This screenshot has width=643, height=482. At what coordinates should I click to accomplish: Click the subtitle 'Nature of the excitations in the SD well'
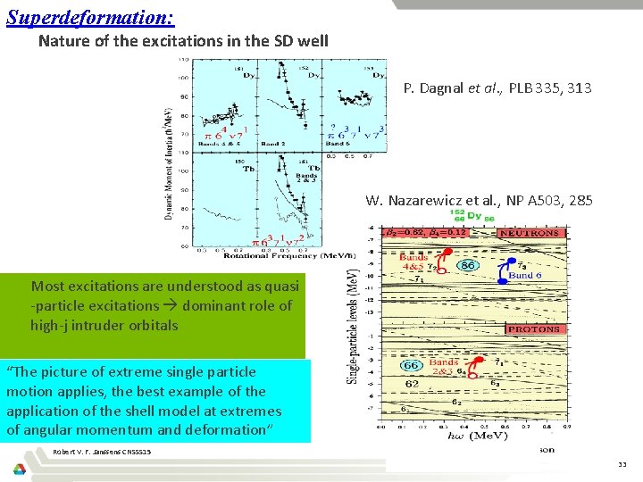(184, 41)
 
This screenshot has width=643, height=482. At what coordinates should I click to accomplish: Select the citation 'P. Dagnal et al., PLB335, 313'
(497, 87)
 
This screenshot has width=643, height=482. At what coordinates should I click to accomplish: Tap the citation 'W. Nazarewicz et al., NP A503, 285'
(479, 201)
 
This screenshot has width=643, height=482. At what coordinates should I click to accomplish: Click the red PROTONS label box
(534, 329)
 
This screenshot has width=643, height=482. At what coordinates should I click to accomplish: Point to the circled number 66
(411, 366)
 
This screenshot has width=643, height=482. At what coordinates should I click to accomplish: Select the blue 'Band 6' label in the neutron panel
(522, 276)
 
